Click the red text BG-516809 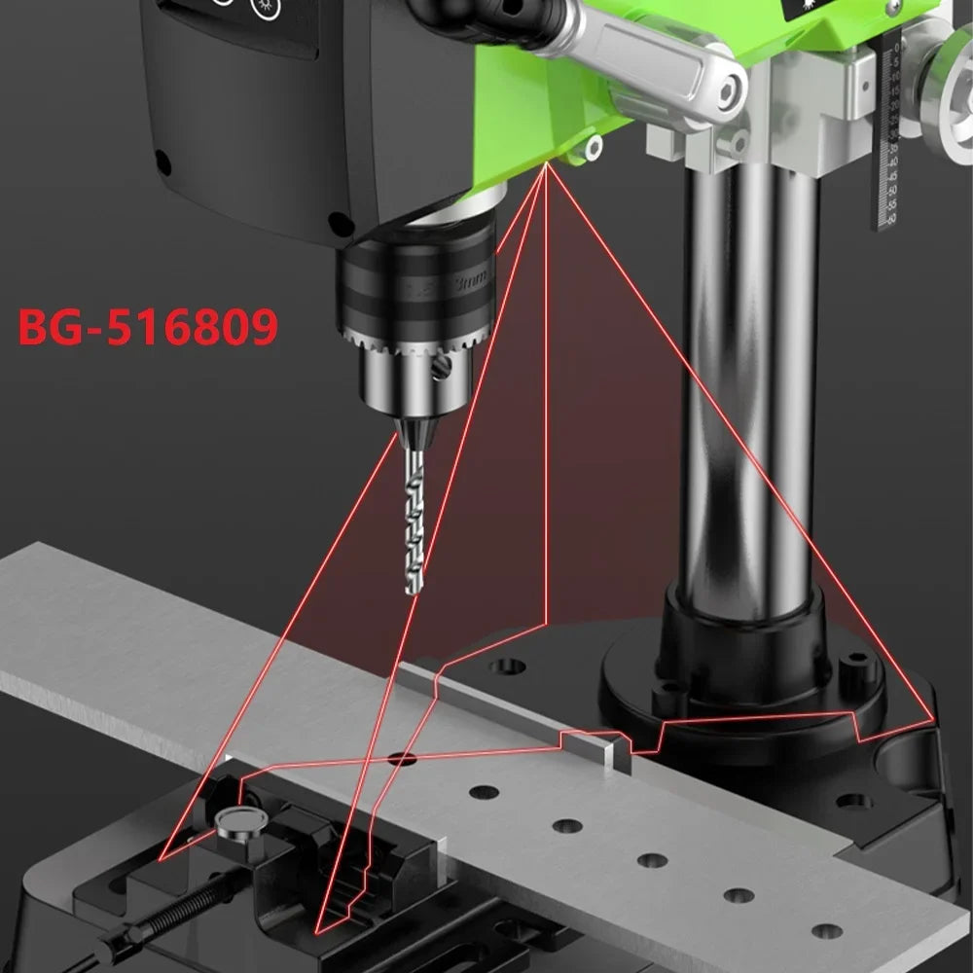[x=148, y=328]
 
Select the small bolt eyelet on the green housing [x=592, y=148]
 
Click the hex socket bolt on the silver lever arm [x=727, y=92]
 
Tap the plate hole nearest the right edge [x=826, y=931]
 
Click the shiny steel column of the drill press [x=749, y=389]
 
